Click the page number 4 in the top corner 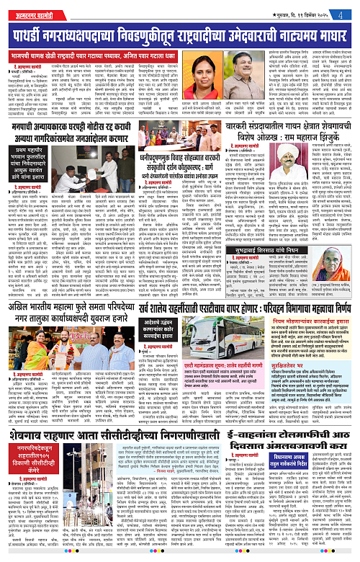348,10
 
